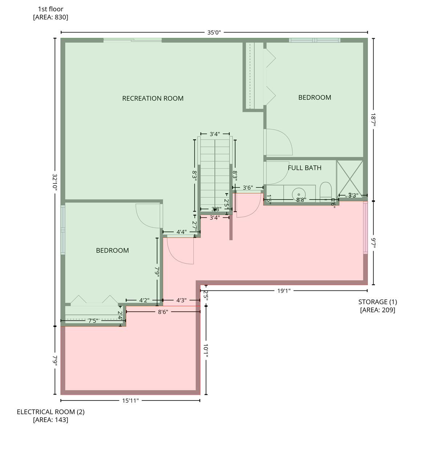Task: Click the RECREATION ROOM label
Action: click(153, 99)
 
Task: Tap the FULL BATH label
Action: click(305, 168)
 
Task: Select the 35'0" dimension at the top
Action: click(214, 32)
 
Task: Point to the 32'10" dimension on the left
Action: click(55, 182)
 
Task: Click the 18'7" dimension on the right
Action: click(373, 120)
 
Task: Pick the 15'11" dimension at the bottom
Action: click(130, 400)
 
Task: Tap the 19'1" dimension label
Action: click(284, 291)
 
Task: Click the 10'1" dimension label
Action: click(206, 350)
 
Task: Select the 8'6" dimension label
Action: click(163, 312)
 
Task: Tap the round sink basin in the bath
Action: click(298, 194)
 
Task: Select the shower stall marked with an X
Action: click(350, 179)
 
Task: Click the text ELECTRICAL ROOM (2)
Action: click(51, 418)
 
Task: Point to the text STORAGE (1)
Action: click(377, 302)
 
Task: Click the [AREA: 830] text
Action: click(51, 17)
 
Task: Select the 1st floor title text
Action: click(51, 9)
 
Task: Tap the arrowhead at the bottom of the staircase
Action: click(215, 210)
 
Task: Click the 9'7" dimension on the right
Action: click(373, 243)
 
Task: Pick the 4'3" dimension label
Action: click(181, 300)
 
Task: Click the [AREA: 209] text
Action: click(377, 310)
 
